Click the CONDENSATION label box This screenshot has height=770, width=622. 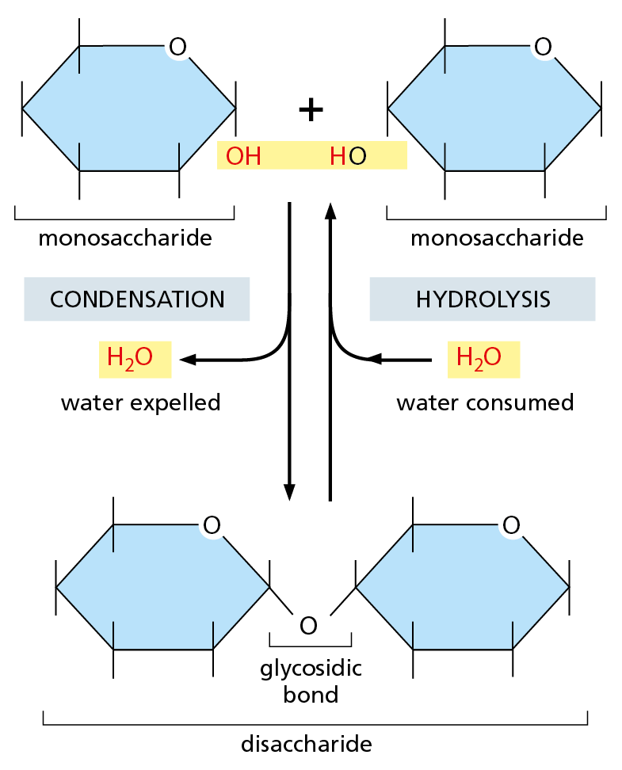point(137,299)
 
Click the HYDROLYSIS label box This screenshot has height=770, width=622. point(483,299)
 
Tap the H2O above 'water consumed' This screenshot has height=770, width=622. point(479,359)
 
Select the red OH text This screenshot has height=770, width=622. point(243,156)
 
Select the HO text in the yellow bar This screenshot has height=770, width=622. point(348,156)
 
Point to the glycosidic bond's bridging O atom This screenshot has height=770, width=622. point(308,626)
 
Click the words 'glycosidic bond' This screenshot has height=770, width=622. point(311,681)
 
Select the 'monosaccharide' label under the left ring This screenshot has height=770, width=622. point(125,238)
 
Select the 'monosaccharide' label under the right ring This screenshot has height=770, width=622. point(497,238)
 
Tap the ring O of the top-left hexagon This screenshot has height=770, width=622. point(178,48)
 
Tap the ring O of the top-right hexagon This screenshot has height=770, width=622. point(544,48)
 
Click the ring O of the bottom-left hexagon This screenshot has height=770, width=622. point(211,524)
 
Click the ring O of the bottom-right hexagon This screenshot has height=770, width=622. point(512,524)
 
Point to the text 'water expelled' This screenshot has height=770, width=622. point(140,402)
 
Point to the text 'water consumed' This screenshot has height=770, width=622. point(485,402)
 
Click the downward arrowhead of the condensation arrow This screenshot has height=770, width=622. point(290,491)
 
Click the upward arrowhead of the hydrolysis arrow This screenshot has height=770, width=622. point(330,210)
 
